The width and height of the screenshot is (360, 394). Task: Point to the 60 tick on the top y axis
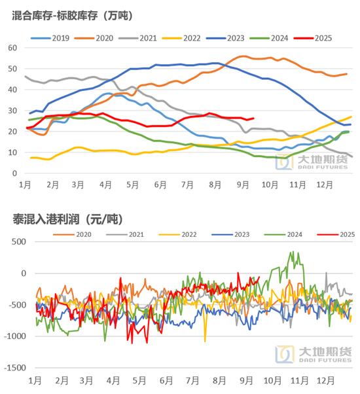pos(12,48)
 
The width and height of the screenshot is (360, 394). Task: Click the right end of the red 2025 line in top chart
pos(254,118)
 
